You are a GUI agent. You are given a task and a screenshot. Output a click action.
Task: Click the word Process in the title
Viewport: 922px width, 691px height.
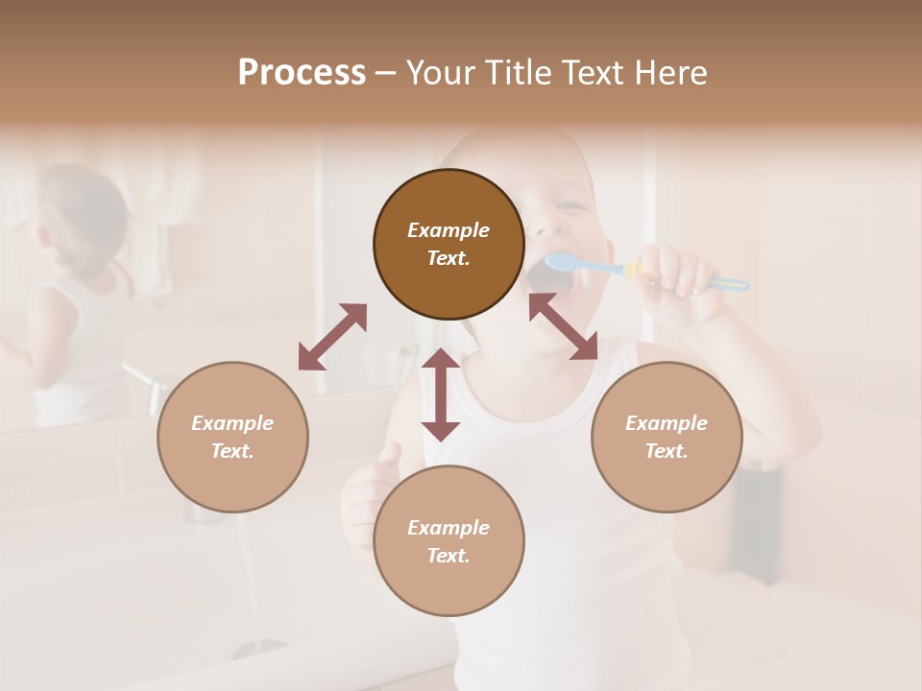tap(302, 73)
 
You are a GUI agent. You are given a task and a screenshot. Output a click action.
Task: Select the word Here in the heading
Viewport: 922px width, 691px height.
tap(672, 73)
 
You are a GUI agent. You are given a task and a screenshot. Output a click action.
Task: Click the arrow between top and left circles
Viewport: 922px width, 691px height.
tap(332, 337)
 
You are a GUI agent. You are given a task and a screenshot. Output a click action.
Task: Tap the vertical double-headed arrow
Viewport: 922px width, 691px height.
tap(441, 394)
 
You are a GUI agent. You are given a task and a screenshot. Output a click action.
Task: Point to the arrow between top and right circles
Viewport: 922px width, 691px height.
tap(563, 326)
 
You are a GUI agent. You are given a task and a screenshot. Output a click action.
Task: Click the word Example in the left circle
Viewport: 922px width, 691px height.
tap(232, 423)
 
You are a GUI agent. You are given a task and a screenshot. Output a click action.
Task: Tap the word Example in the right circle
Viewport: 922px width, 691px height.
tap(667, 423)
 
